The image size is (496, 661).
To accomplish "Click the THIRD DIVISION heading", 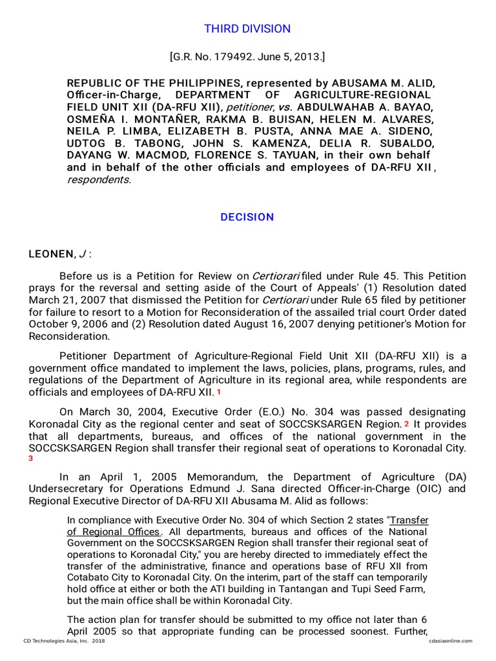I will [x=247, y=29].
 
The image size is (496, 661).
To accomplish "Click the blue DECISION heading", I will [x=247, y=217].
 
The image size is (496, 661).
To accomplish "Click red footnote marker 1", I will [x=219, y=392].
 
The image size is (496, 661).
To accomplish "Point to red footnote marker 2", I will [x=407, y=424].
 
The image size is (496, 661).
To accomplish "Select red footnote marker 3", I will [x=30, y=458].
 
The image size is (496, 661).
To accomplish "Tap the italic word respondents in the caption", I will [x=98, y=179].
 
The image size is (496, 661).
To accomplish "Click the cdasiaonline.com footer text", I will [x=450, y=641].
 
